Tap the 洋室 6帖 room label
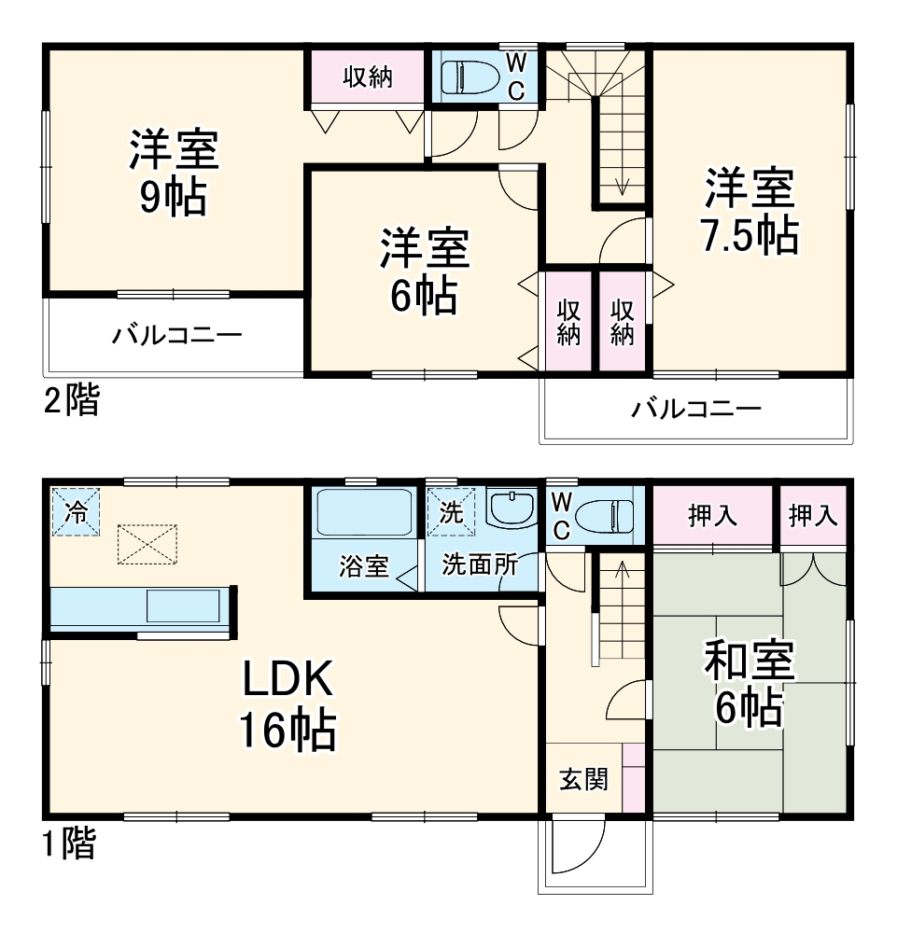click(x=423, y=272)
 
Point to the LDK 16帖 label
click(x=287, y=706)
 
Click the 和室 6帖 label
click(x=749, y=688)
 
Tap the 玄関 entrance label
click(x=583, y=778)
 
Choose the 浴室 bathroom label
click(x=364, y=566)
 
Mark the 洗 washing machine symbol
click(x=451, y=512)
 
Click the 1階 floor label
click(x=69, y=844)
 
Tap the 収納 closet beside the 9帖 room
click(x=367, y=77)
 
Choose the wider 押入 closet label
click(x=713, y=515)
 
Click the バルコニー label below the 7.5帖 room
click(x=695, y=408)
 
